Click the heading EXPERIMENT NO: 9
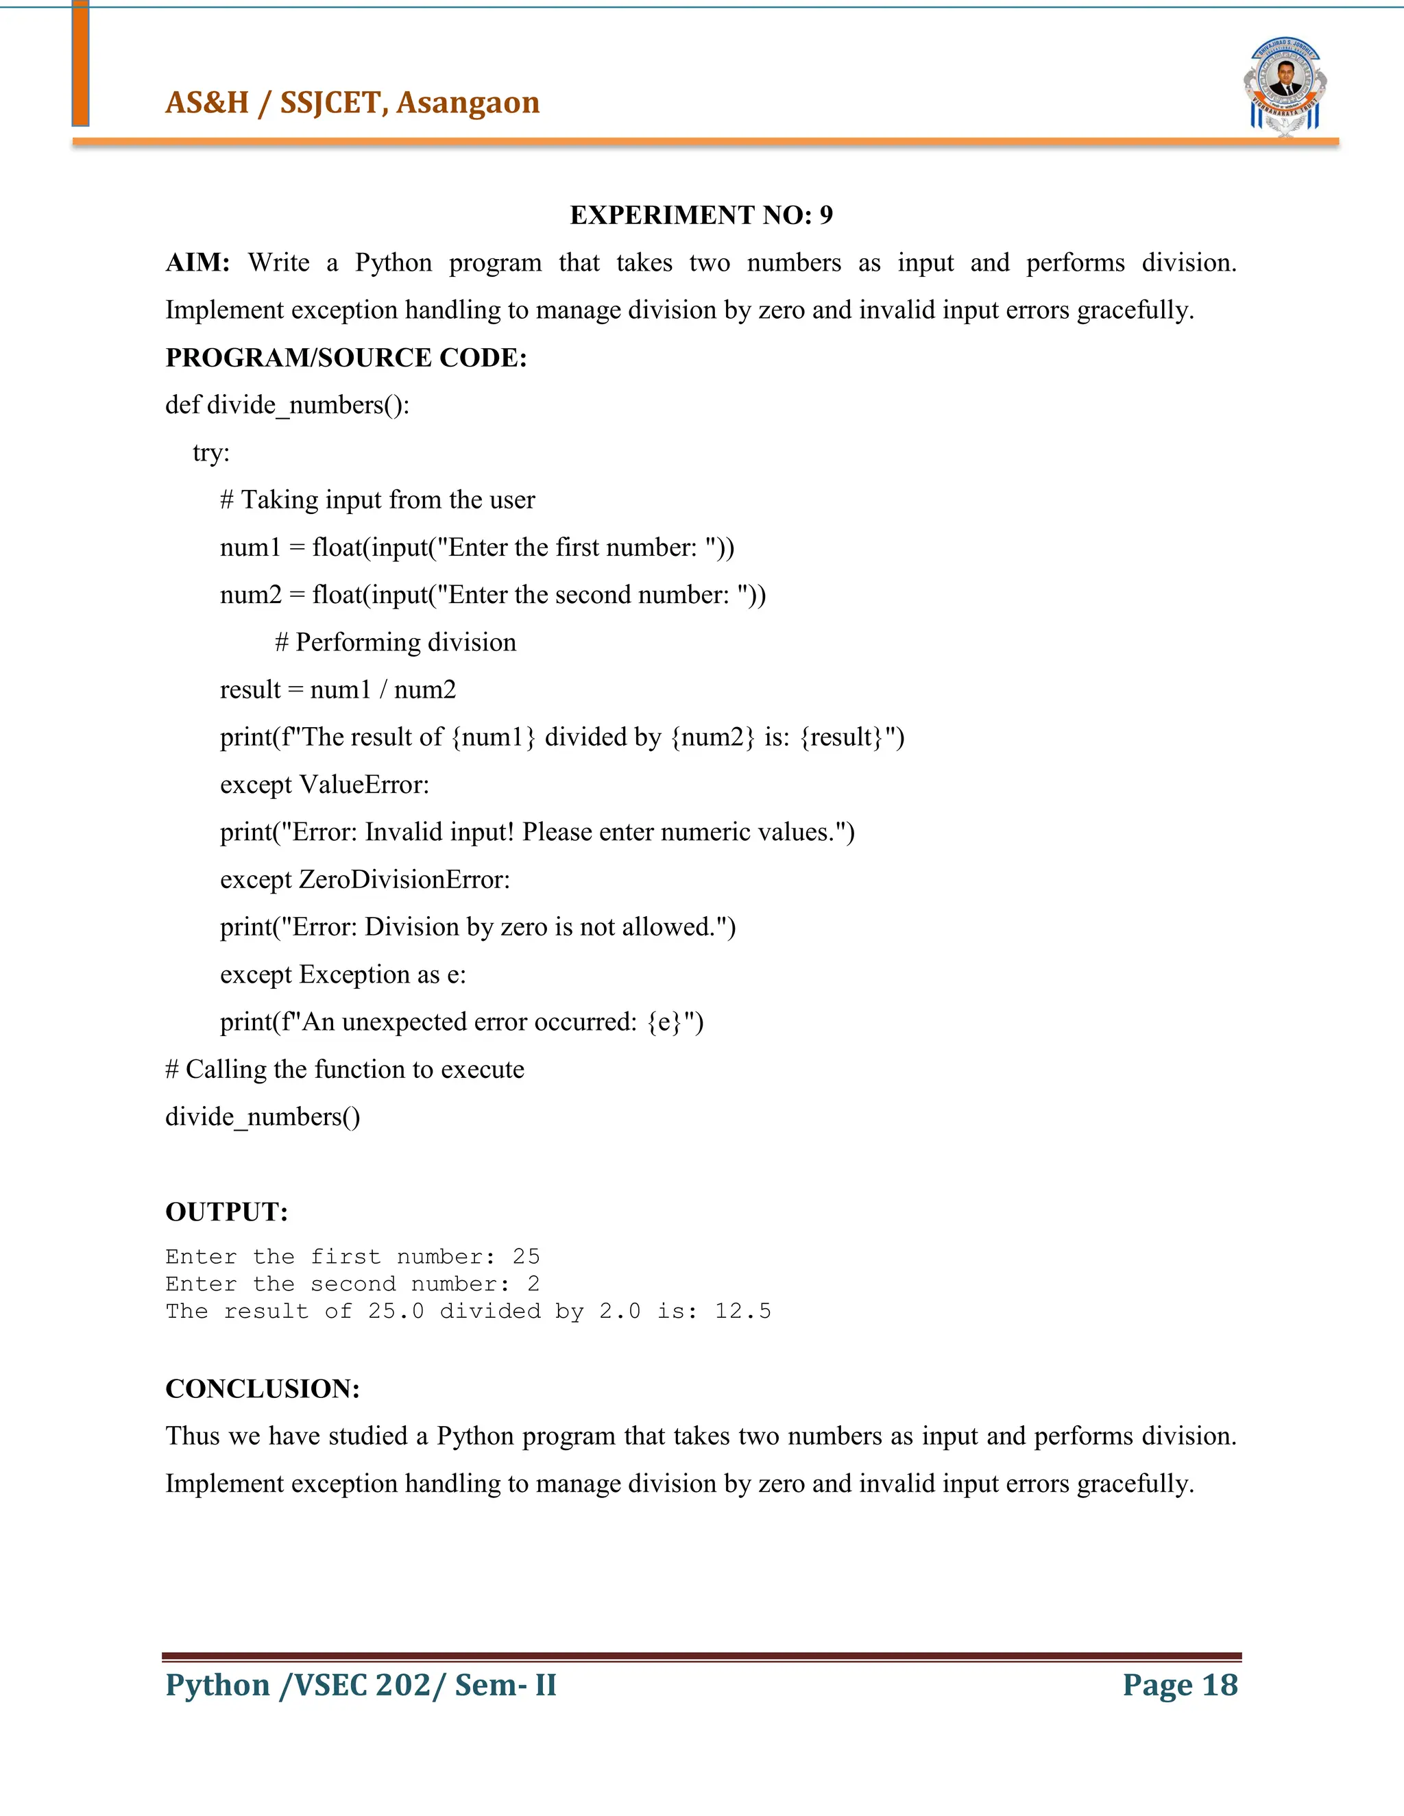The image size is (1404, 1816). click(x=701, y=215)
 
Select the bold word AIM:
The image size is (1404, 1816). click(x=197, y=262)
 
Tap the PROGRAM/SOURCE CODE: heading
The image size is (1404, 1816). click(x=346, y=358)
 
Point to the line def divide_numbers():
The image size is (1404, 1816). click(x=287, y=405)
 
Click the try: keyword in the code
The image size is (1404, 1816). click(x=211, y=452)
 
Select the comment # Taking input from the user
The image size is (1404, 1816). click(x=378, y=500)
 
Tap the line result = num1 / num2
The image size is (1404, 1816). click(x=338, y=689)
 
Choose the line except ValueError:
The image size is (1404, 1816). click(x=324, y=784)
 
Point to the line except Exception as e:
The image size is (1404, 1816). click(x=343, y=974)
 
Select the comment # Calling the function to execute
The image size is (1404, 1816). click(x=344, y=1068)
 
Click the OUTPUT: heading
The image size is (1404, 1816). click(x=226, y=1212)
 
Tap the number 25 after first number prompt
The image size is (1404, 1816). click(x=526, y=1256)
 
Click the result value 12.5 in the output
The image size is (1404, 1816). click(x=742, y=1311)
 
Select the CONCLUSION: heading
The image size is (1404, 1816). click(x=262, y=1388)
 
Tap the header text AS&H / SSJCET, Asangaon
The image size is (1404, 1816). click(x=352, y=102)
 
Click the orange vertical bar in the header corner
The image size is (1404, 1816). click(x=80, y=63)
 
